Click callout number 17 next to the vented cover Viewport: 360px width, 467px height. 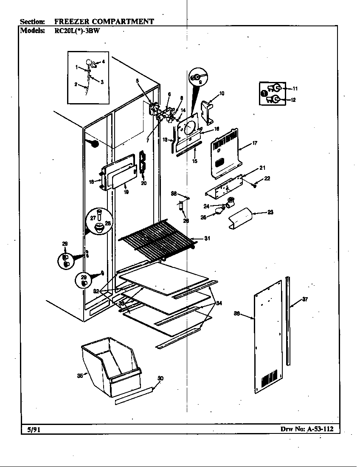254,143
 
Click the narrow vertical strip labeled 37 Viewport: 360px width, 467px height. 289,321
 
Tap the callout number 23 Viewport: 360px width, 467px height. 270,212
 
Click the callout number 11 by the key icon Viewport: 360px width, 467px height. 295,88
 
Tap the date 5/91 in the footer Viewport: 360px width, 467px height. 31,429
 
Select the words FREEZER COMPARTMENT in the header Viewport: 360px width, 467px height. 104,21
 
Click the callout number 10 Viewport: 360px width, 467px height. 222,93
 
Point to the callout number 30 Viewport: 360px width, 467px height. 160,378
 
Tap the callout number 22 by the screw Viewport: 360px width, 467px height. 267,178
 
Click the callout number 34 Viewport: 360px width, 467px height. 219,303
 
